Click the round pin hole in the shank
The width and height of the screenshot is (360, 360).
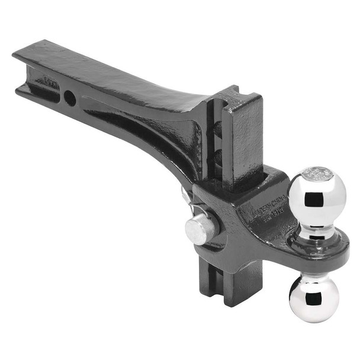click(70, 98)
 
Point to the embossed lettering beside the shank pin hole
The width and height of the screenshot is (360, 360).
click(50, 79)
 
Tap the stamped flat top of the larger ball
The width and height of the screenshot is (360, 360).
click(317, 174)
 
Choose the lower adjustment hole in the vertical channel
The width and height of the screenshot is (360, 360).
click(217, 157)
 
